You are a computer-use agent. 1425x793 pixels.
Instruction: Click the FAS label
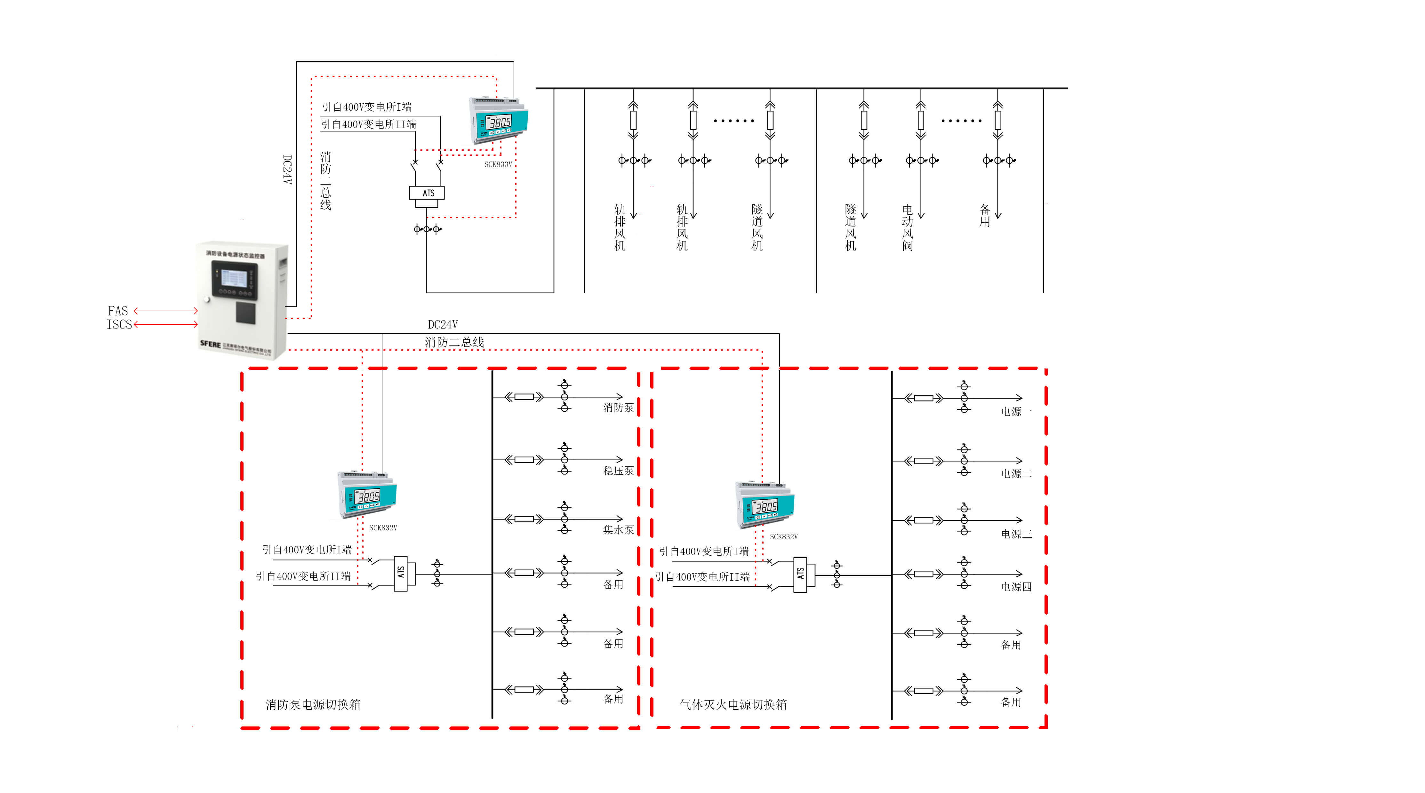coord(118,311)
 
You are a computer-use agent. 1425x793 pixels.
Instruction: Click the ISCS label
coord(119,325)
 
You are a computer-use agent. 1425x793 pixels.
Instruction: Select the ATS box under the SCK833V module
coord(427,193)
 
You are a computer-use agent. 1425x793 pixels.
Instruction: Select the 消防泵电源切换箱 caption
coord(313,704)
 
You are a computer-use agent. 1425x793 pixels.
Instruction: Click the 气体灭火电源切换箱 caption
coord(733,704)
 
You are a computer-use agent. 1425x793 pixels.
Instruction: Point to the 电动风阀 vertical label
coord(907,228)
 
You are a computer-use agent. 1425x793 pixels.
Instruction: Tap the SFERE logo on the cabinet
coord(210,344)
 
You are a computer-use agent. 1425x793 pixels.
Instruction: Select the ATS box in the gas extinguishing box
coord(800,575)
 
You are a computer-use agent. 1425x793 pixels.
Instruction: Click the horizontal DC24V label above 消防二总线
coord(443,325)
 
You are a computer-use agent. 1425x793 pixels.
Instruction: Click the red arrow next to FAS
coord(166,311)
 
